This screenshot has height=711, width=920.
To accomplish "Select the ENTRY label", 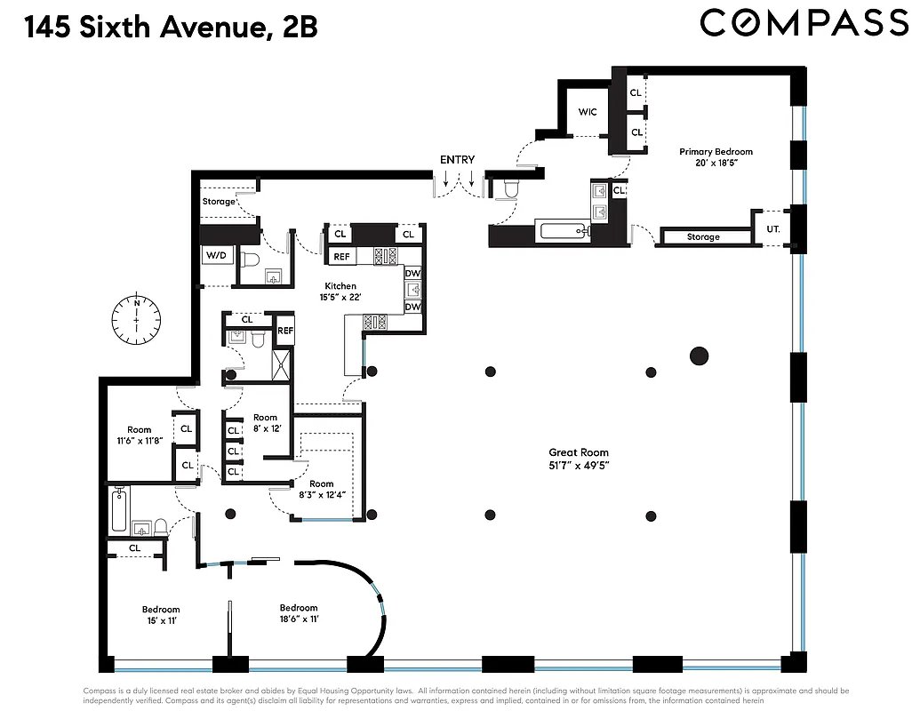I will tap(457, 160).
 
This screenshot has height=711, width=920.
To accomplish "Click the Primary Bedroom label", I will tap(716, 157).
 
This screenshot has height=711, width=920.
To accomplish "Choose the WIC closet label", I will tap(587, 112).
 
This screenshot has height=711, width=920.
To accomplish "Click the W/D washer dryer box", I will tap(216, 256).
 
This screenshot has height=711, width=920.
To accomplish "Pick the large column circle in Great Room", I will tap(700, 355).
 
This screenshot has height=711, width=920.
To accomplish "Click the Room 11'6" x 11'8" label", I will tap(139, 435).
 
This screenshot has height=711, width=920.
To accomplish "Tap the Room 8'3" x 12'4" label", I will tap(321, 490).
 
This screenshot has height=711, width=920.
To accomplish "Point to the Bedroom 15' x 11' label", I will tap(161, 615).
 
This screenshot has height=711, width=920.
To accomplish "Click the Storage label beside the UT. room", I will tap(703, 237).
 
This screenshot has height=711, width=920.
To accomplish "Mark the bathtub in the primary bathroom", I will tap(565, 232).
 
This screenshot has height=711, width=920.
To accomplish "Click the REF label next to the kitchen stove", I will tap(340, 257).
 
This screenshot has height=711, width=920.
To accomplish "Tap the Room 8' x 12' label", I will tap(265, 423).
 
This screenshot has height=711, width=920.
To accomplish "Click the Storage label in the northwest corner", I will tap(219, 202).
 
